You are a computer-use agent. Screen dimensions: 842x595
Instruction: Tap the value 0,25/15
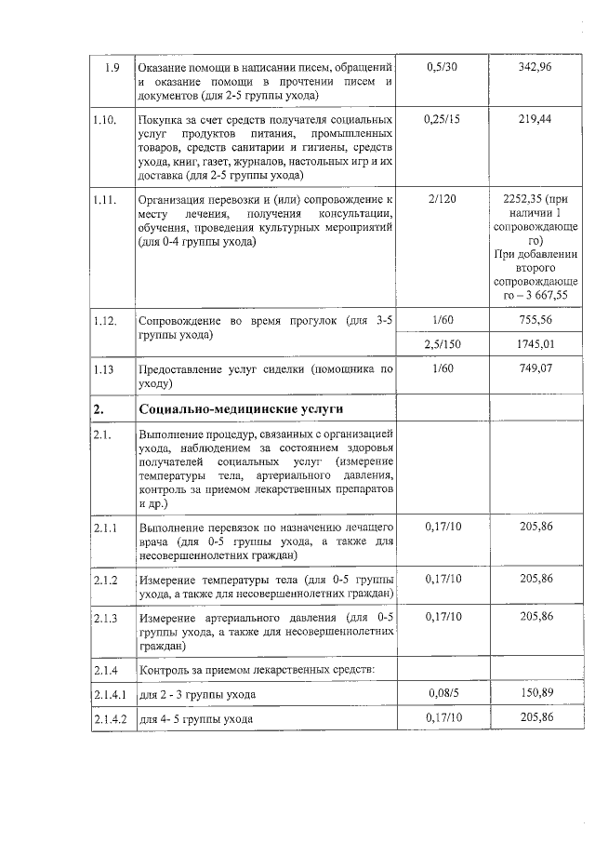(442, 120)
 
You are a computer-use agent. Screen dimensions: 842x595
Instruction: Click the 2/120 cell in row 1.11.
(442, 198)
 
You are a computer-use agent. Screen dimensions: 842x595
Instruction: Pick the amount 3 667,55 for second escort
(535, 295)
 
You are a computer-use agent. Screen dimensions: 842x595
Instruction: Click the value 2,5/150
(442, 344)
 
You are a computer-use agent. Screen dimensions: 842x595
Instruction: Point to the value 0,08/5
(442, 694)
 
